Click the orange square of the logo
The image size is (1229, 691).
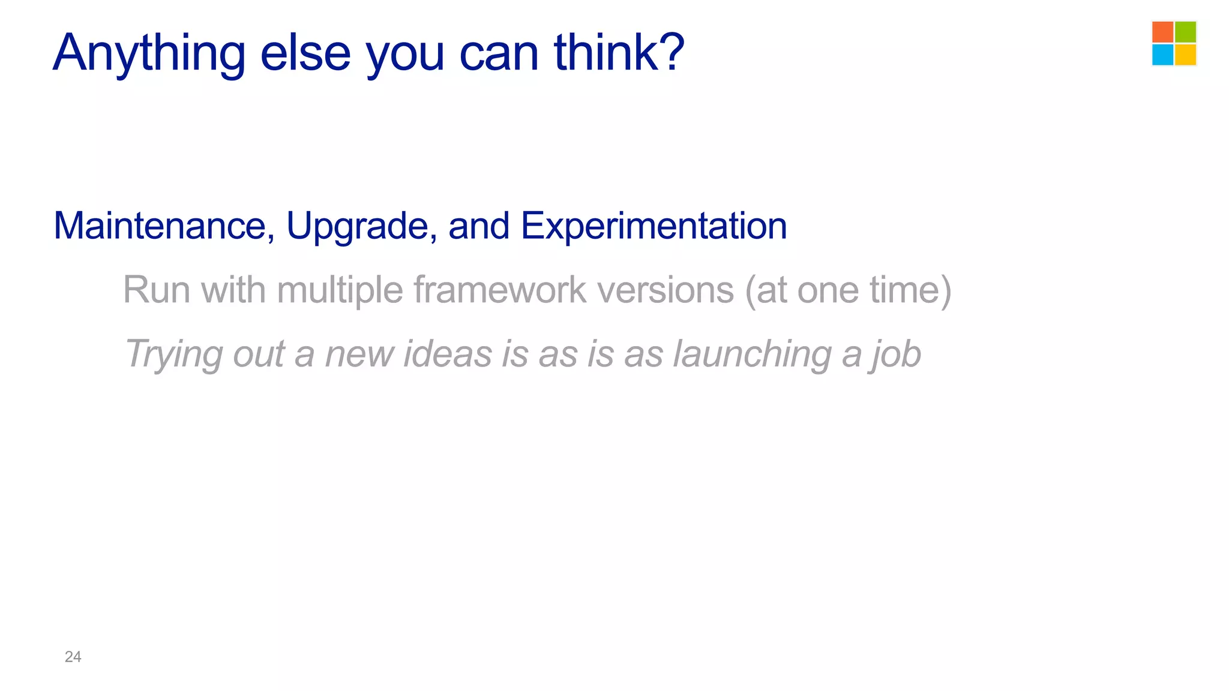pyautogui.click(x=1162, y=32)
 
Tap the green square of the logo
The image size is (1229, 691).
pyautogui.click(x=1185, y=32)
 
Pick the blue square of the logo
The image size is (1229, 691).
pyautogui.click(x=1162, y=55)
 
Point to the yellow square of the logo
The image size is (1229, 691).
pyautogui.click(x=1185, y=55)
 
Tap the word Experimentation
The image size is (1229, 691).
pyautogui.click(x=654, y=227)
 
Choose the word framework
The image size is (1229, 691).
pyautogui.click(x=500, y=290)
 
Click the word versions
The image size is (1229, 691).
pyautogui.click(x=666, y=290)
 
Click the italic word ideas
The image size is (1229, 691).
pyautogui.click(x=448, y=353)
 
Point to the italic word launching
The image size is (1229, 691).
pyautogui.click(x=752, y=354)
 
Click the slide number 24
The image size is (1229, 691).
pyautogui.click(x=73, y=657)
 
